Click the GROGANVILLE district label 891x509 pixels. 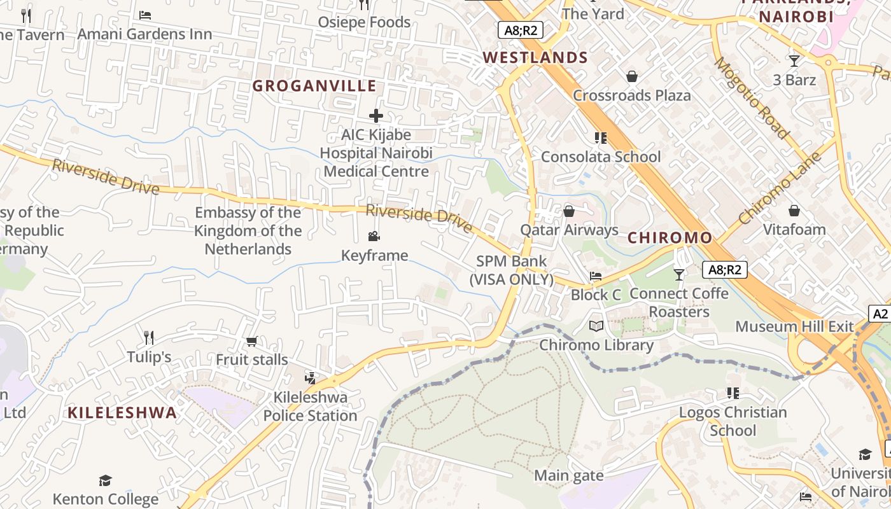[x=314, y=86]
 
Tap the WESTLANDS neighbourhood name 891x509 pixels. [x=535, y=58]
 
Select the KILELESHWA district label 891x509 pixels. [x=122, y=412]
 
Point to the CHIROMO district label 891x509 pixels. [x=670, y=238]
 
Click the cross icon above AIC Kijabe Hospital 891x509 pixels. [x=376, y=116]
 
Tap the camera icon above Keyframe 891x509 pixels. [x=374, y=237]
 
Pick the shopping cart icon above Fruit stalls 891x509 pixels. [x=251, y=342]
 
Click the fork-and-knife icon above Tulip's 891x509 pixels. [x=149, y=337]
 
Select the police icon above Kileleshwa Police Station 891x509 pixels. [x=310, y=379]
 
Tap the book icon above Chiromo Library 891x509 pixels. [x=596, y=326]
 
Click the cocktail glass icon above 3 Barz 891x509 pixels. [x=794, y=61]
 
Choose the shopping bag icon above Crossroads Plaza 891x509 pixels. [x=632, y=76]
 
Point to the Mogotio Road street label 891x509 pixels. [x=751, y=97]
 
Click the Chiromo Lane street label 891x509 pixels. [x=784, y=188]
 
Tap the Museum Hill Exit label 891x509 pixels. [x=794, y=326]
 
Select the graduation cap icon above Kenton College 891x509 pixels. [x=105, y=480]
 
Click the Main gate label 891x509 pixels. [x=569, y=475]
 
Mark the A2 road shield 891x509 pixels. [x=880, y=313]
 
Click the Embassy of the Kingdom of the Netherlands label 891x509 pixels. [x=248, y=230]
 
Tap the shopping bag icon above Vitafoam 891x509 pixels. [x=794, y=211]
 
